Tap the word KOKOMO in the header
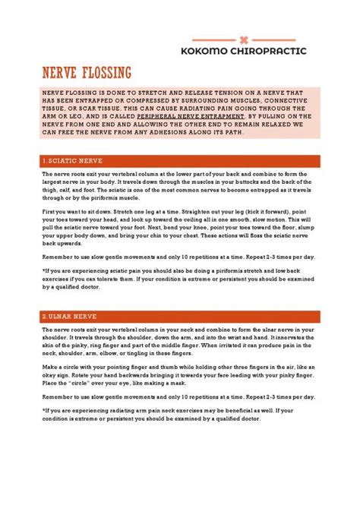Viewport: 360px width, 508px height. [x=206, y=51]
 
